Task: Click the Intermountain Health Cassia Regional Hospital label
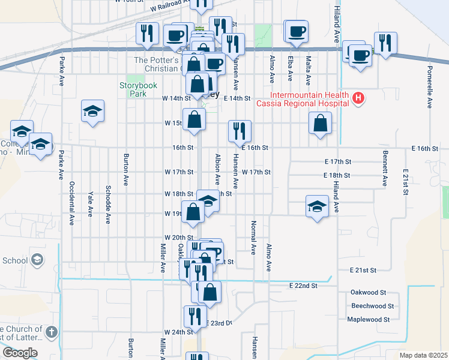(303, 99)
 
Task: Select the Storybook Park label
(133, 89)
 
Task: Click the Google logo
(20, 353)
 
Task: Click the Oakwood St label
(369, 292)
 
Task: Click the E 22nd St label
(303, 286)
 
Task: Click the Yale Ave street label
(90, 203)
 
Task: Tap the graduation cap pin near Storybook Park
(92, 112)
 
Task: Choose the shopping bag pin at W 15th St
(193, 120)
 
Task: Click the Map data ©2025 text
(423, 355)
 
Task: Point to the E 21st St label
(363, 271)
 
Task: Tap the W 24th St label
(178, 332)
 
